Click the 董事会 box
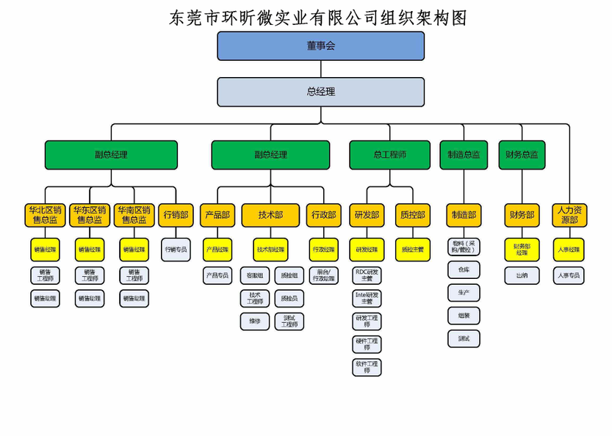pos(320,46)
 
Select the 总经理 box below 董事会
pos(320,92)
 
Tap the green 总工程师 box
pos(389,155)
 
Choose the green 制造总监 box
pos(464,155)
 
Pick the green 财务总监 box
pos(522,155)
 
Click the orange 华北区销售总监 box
pos(45,215)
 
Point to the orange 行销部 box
pos(176,215)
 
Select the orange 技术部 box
pos(270,215)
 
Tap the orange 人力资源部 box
pos(569,215)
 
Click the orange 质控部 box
pos(411,215)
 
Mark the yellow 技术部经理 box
pos(270,250)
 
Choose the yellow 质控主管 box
pos(411,250)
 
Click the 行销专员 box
pos(176,250)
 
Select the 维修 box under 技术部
pos(254,321)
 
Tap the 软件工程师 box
pos(367,366)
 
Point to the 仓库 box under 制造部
pos(464,269)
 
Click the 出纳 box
pos(522,275)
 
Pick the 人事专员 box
pos(569,275)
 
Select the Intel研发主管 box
pos(367,298)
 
